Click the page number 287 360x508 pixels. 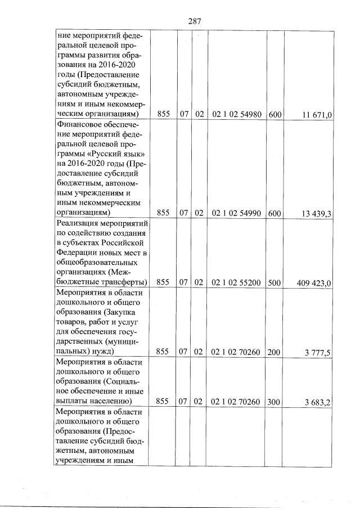pyautogui.click(x=195, y=21)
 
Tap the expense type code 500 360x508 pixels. pyautogui.click(x=274, y=282)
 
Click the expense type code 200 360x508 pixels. pyautogui.click(x=274, y=352)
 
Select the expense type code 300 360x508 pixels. pyautogui.click(x=274, y=402)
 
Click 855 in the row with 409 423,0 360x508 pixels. pyautogui.click(x=163, y=282)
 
